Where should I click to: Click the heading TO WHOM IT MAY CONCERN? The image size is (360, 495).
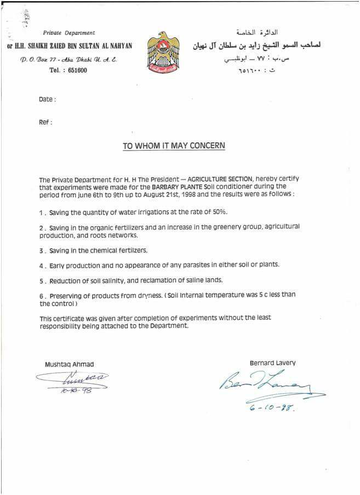(x=173, y=146)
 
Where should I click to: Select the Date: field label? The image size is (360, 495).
(x=47, y=99)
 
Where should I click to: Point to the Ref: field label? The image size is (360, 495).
(x=45, y=122)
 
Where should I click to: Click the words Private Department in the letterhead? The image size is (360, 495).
(x=68, y=33)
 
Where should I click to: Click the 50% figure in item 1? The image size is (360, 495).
(x=219, y=211)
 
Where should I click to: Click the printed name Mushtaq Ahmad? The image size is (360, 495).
(x=69, y=364)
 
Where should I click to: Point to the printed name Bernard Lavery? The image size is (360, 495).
(x=272, y=362)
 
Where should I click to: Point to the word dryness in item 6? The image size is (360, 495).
(x=152, y=295)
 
